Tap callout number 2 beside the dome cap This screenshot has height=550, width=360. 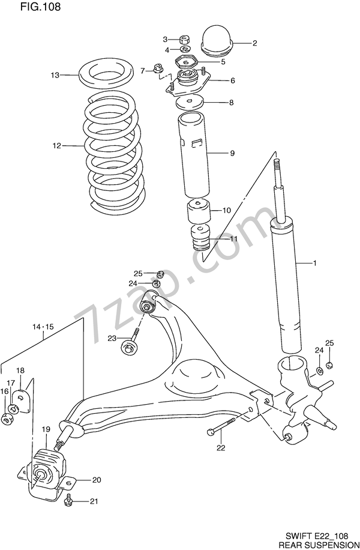coord(254,43)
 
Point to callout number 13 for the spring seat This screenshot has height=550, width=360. coord(55,76)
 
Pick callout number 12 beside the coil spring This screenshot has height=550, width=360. coord(56,145)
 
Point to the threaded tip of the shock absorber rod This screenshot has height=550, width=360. coord(277,164)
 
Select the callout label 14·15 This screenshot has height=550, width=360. coord(43,327)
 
